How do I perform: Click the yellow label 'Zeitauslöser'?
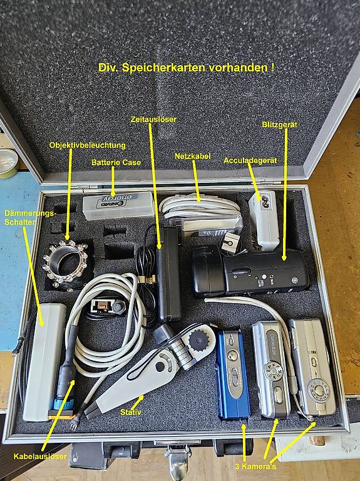pyautogui.click(x=153, y=119)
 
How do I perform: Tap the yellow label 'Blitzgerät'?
pyautogui.click(x=279, y=125)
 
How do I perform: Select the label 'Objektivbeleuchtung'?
pyautogui.click(x=88, y=145)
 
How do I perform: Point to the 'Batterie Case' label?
pyautogui.click(x=116, y=162)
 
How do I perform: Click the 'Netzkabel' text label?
pyautogui.click(x=193, y=156)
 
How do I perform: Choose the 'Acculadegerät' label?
pyautogui.click(x=250, y=160)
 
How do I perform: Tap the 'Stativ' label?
pyautogui.click(x=131, y=412)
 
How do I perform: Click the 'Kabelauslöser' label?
pyautogui.click(x=40, y=457)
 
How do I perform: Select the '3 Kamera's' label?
pyautogui.click(x=255, y=467)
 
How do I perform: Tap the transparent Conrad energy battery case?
pyautogui.click(x=118, y=205)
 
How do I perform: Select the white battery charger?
pyautogui.click(x=264, y=219)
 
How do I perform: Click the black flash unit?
pyautogui.click(x=250, y=272)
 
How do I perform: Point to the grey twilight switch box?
pyautogui.click(x=45, y=361)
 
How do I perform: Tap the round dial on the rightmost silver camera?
pyautogui.click(x=319, y=391)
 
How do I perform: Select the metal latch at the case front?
pyautogui.click(x=178, y=460)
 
